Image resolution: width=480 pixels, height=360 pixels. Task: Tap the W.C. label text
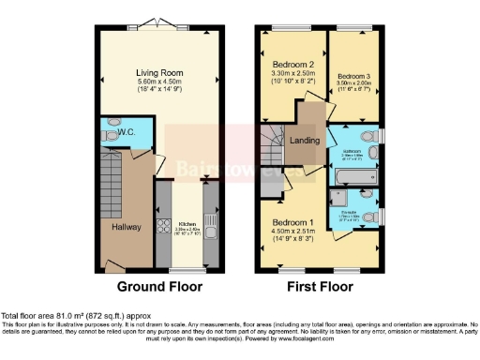coord(127,133)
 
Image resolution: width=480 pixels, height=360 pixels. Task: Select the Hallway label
coord(127,225)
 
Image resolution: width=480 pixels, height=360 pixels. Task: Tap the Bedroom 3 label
coord(353,75)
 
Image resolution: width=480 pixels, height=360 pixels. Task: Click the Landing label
coord(304,141)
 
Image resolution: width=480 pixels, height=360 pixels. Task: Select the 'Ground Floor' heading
coord(157,286)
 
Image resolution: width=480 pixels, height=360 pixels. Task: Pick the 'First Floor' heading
coord(322,286)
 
